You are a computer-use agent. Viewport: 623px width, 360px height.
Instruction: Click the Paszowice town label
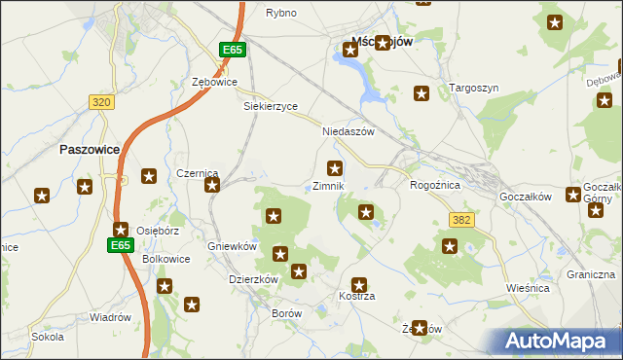click(x=89, y=150)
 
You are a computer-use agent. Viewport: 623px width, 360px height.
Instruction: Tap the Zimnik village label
click(x=329, y=186)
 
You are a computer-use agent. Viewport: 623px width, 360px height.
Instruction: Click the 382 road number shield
click(x=461, y=220)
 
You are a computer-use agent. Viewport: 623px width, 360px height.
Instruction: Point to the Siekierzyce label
click(x=271, y=106)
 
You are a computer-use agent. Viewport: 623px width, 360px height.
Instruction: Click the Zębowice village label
click(x=215, y=83)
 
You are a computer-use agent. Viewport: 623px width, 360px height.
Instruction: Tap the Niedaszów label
click(x=348, y=131)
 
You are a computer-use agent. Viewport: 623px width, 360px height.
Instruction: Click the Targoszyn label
click(x=474, y=88)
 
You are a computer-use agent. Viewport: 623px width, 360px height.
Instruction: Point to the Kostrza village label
click(x=356, y=295)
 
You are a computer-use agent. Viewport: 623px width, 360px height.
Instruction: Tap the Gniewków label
click(x=232, y=246)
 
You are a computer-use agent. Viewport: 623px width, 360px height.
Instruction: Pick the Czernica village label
click(x=198, y=173)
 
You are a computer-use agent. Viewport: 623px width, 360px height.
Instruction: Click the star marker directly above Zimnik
click(x=335, y=168)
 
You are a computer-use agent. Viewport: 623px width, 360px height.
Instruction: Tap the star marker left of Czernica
click(x=149, y=176)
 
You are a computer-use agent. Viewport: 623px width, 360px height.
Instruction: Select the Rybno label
click(x=281, y=13)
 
